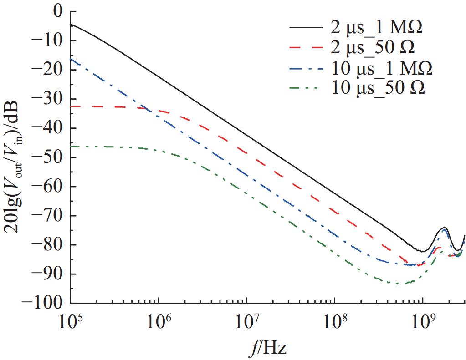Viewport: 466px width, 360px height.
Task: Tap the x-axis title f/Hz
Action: (x=268, y=348)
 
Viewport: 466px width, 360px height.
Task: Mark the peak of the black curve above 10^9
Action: (x=444, y=227)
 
